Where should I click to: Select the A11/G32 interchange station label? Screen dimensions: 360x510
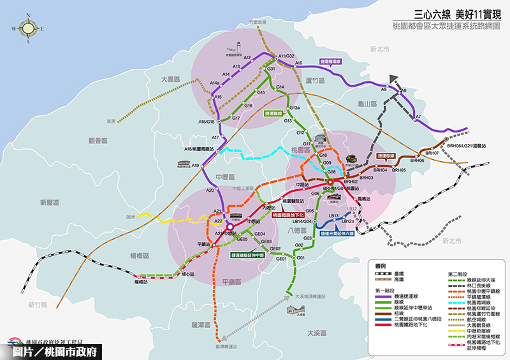pos(286,57)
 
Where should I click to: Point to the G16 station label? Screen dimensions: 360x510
pos(249,105)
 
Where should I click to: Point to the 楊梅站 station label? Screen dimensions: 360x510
pos(142,282)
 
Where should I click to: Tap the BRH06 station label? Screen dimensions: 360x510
pos(417,161)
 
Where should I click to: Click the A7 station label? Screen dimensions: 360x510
pos(418,117)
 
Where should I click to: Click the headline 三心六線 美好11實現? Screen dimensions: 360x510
pos(453,12)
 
